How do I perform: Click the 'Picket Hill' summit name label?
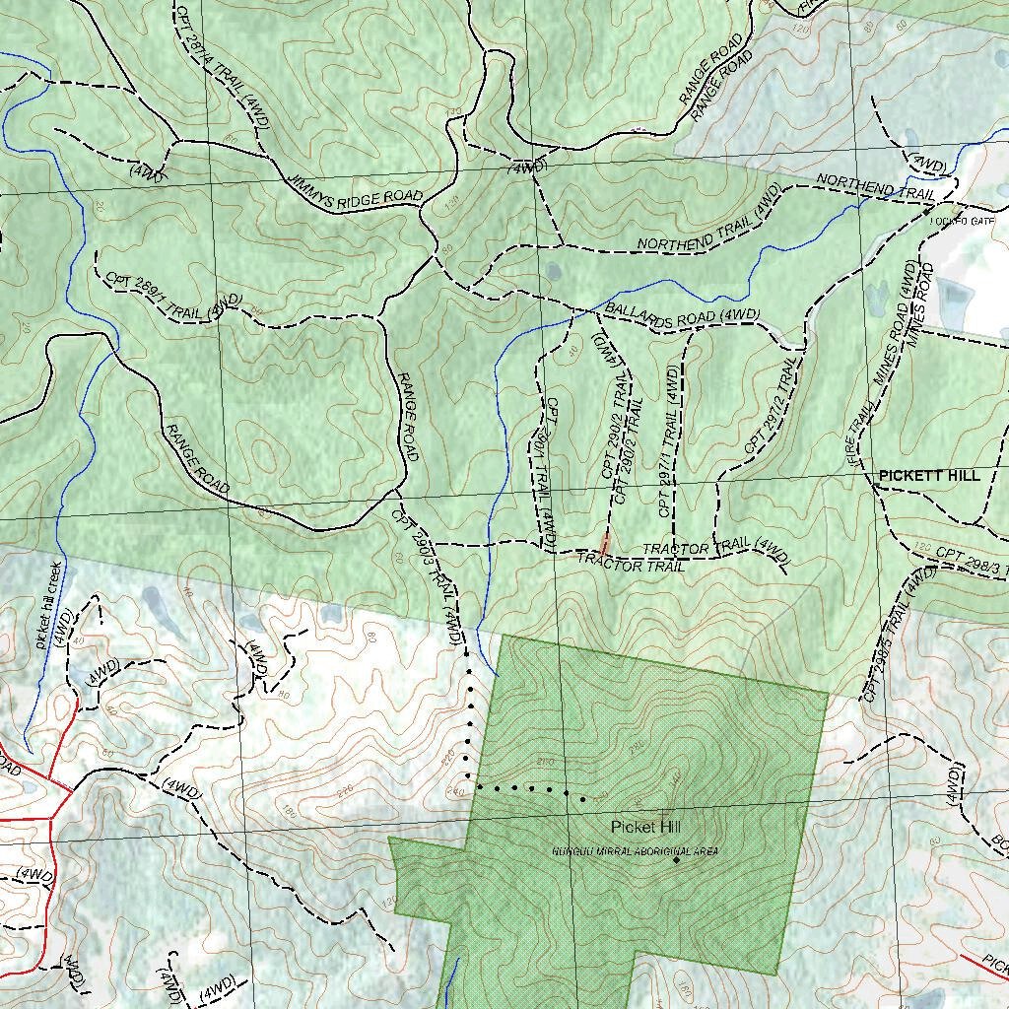pyautogui.click(x=645, y=827)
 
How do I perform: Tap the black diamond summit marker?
pyautogui.click(x=676, y=861)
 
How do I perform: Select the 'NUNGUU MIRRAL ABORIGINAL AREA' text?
pyautogui.click(x=635, y=850)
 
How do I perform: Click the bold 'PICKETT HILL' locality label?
pyautogui.click(x=929, y=476)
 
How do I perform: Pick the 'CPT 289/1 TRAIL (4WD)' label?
pyautogui.click(x=173, y=297)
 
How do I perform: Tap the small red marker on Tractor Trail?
pyautogui.click(x=605, y=542)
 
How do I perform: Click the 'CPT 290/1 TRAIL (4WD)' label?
pyautogui.click(x=544, y=473)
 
